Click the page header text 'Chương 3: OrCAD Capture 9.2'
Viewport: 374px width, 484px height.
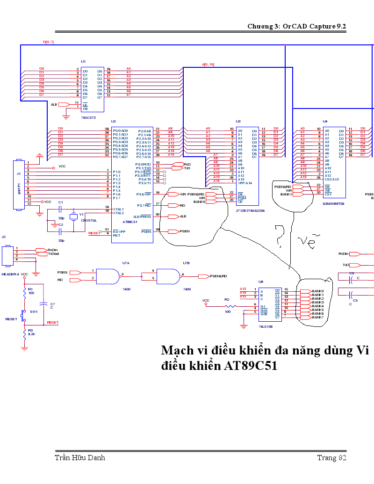[x=296, y=26]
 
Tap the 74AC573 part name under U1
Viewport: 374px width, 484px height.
[x=89, y=117]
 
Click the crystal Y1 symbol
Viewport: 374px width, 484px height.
[x=73, y=217]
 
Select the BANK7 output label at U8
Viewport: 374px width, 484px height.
[x=318, y=318]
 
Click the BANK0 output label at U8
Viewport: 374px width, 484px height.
[x=318, y=291]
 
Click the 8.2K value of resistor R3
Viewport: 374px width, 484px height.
[x=31, y=334]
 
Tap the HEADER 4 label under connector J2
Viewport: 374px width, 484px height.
[x=10, y=274]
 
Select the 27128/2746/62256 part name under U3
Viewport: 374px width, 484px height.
[x=251, y=210]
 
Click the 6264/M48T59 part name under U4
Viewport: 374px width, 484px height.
[x=333, y=204]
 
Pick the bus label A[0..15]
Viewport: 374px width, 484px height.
[x=208, y=64]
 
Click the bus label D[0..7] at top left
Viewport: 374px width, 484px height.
[x=49, y=42]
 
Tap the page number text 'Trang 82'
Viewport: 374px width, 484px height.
[x=331, y=457]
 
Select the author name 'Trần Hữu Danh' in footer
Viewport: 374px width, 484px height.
[x=80, y=457]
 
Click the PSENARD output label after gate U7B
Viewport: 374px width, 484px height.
[x=218, y=276]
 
